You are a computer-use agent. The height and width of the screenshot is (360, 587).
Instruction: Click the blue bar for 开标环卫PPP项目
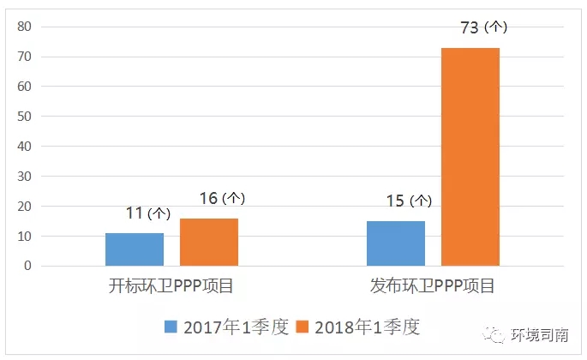(x=135, y=249)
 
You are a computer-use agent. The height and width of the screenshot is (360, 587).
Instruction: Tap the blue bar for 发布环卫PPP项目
(x=396, y=243)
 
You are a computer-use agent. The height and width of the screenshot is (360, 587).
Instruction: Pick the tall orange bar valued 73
(x=470, y=157)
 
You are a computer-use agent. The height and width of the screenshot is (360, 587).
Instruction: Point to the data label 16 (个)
(x=222, y=198)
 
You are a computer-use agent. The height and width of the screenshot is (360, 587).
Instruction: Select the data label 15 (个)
(x=408, y=201)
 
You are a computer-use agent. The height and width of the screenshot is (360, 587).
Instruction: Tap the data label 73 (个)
(x=483, y=27)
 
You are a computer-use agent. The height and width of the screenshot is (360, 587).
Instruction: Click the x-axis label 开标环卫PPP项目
(x=171, y=286)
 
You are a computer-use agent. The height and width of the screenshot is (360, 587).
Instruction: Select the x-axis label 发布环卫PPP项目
(x=433, y=286)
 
